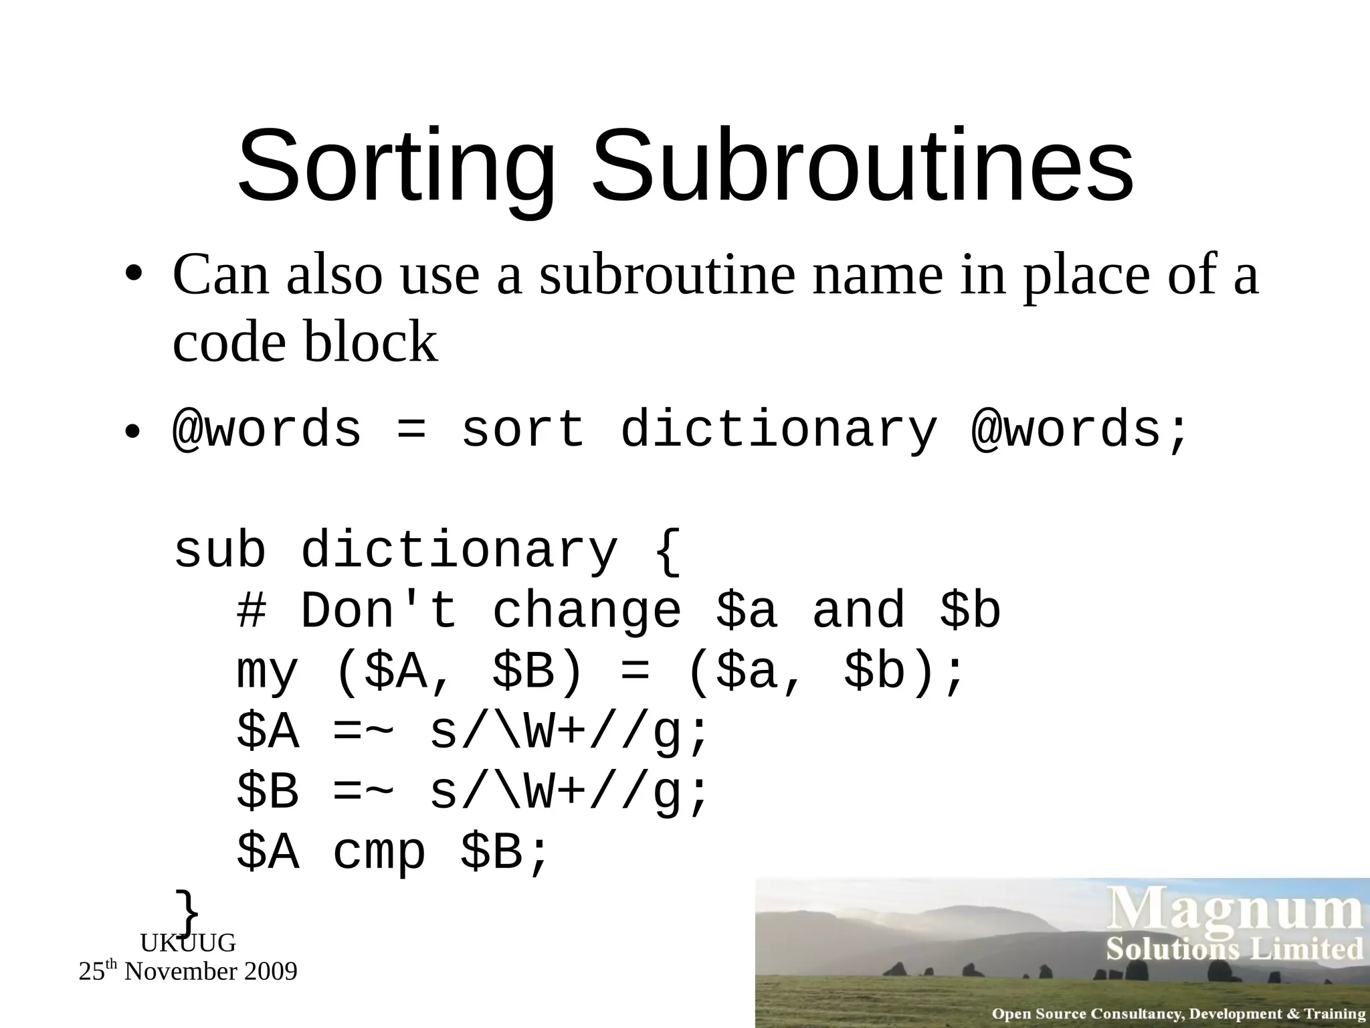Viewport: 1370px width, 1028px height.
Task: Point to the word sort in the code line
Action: (x=522, y=430)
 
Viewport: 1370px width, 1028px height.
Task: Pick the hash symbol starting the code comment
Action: (x=251, y=611)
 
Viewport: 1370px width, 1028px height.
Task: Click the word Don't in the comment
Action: (x=379, y=610)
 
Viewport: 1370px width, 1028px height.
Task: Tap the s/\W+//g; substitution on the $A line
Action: (x=568, y=734)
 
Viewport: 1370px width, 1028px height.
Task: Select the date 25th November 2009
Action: (x=188, y=971)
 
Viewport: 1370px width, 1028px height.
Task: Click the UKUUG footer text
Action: (x=188, y=943)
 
